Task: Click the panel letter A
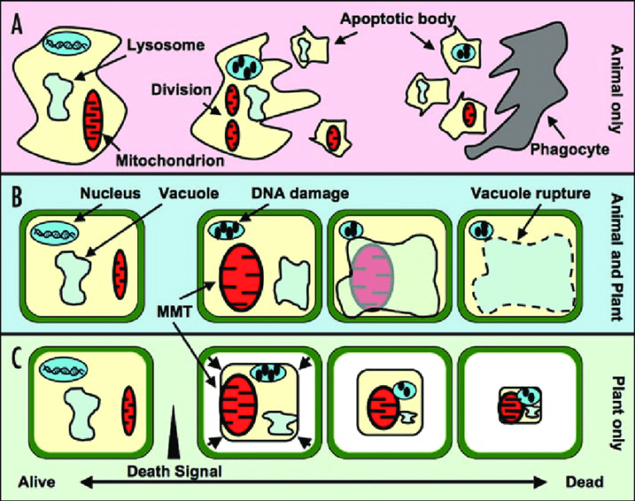pyautogui.click(x=17, y=25)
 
